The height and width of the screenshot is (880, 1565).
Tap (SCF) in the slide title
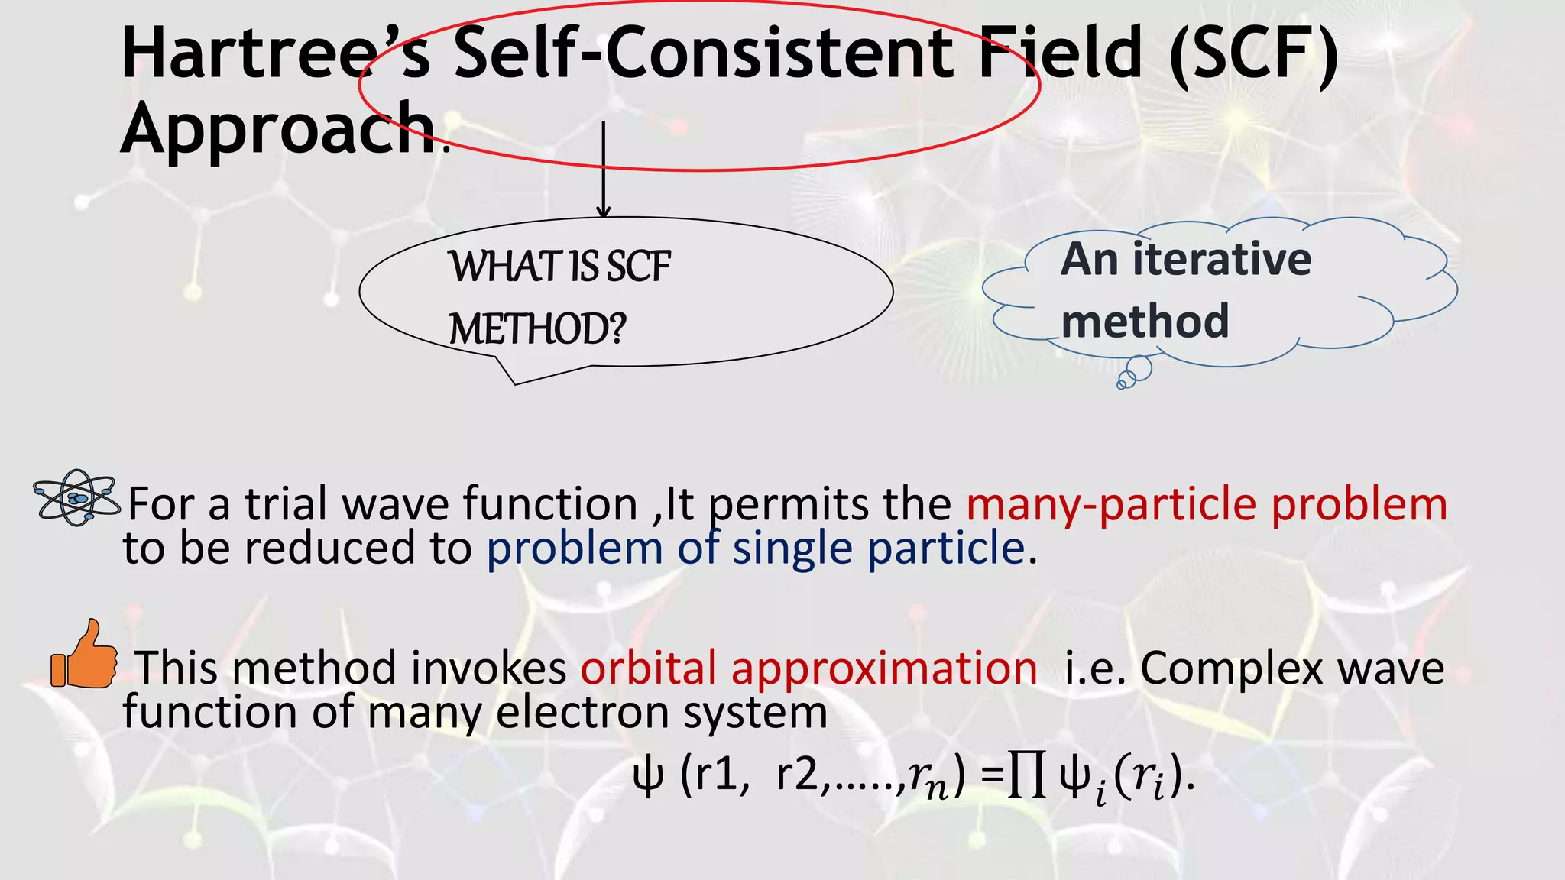1253,53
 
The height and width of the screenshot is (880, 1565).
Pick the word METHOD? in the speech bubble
537,329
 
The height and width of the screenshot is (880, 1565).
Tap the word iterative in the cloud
1222,259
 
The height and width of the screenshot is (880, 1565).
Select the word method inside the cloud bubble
1145,320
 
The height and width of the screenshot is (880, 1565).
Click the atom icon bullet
76,497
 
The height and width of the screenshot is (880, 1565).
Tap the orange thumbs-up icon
84,655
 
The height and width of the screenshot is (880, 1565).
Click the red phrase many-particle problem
1207,504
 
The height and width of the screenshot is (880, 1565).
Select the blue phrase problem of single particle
755,548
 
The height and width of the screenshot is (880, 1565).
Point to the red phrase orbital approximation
808,668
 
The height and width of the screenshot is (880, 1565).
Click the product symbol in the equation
1027,777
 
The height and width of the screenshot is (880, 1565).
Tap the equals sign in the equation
992,778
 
